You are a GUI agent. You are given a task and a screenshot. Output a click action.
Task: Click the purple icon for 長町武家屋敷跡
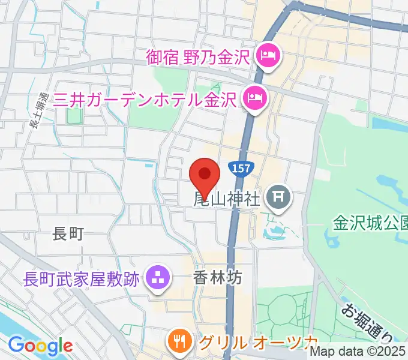click(158, 279)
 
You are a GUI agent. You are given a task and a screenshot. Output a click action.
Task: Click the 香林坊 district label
click(217, 278)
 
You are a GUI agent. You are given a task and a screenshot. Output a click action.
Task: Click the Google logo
click(40, 346)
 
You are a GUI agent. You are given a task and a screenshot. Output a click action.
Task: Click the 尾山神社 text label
click(226, 198)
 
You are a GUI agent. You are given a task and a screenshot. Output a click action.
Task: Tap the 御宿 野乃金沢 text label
click(197, 58)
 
